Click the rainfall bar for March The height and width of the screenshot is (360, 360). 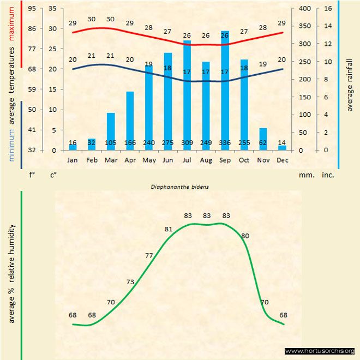(111, 131)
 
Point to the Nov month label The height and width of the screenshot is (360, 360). (263, 160)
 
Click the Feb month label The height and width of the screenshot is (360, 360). (92, 160)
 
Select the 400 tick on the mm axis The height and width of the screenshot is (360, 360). (305, 8)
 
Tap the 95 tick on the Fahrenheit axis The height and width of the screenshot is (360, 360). (32, 8)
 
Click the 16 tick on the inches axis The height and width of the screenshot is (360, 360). (328, 8)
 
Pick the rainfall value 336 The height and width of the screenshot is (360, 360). (225, 143)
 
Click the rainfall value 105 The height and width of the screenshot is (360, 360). (111, 143)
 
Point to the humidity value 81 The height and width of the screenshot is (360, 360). (169, 229)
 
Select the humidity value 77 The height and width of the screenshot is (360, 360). (149, 255)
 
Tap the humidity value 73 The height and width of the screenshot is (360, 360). (130, 282)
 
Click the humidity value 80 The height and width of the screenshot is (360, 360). (245, 236)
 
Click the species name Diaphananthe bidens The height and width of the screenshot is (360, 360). (180, 187)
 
